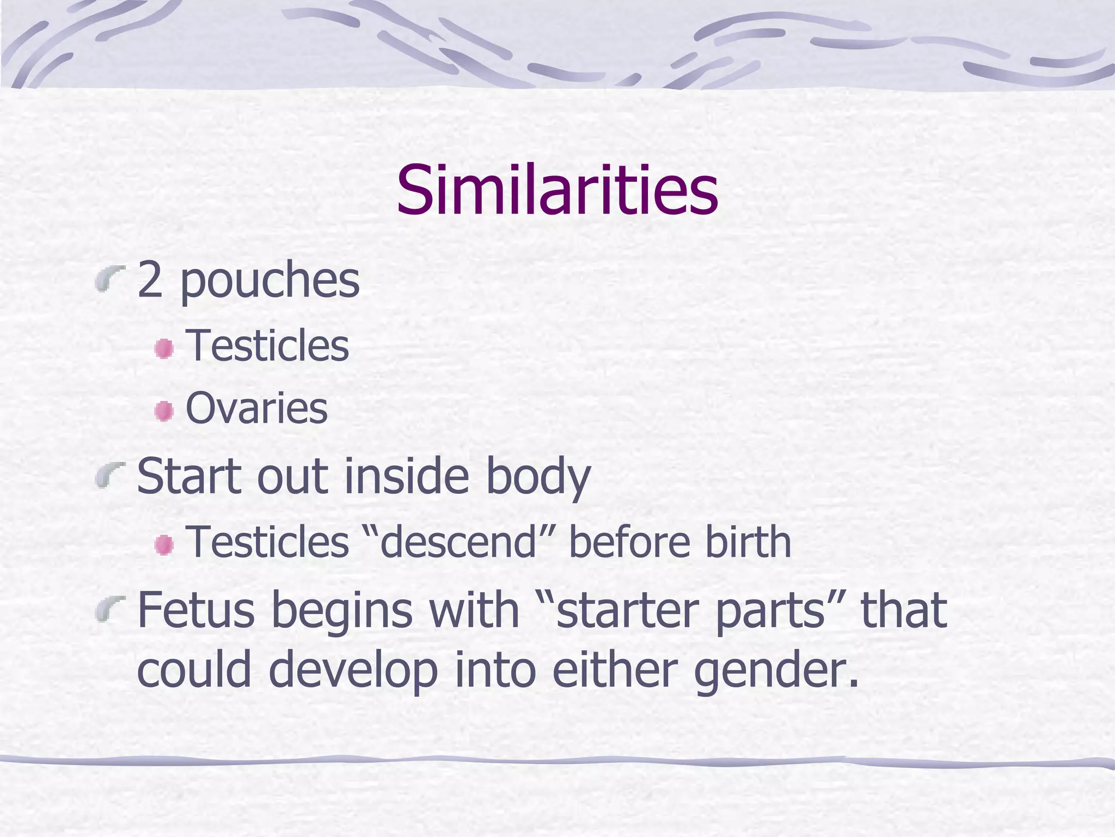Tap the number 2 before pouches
click(150, 280)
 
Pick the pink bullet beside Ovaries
click(163, 410)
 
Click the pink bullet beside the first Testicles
click(163, 348)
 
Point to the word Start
click(188, 476)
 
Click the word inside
click(407, 476)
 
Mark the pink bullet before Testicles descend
click(163, 544)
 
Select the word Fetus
click(195, 610)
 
